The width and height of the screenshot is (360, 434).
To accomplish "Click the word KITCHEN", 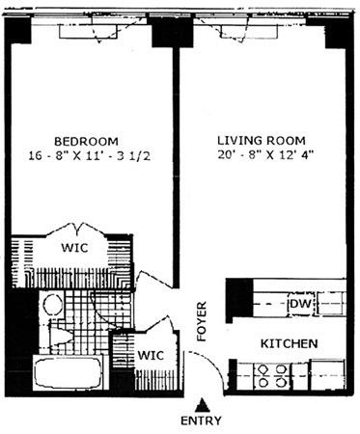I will point(290,343).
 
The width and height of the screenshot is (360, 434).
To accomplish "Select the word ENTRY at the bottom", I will point(201,421).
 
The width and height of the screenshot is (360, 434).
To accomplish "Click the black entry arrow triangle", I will point(201,403).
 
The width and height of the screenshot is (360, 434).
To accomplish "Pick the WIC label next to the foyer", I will point(150,355).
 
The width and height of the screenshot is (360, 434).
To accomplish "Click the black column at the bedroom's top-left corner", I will point(18,32).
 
